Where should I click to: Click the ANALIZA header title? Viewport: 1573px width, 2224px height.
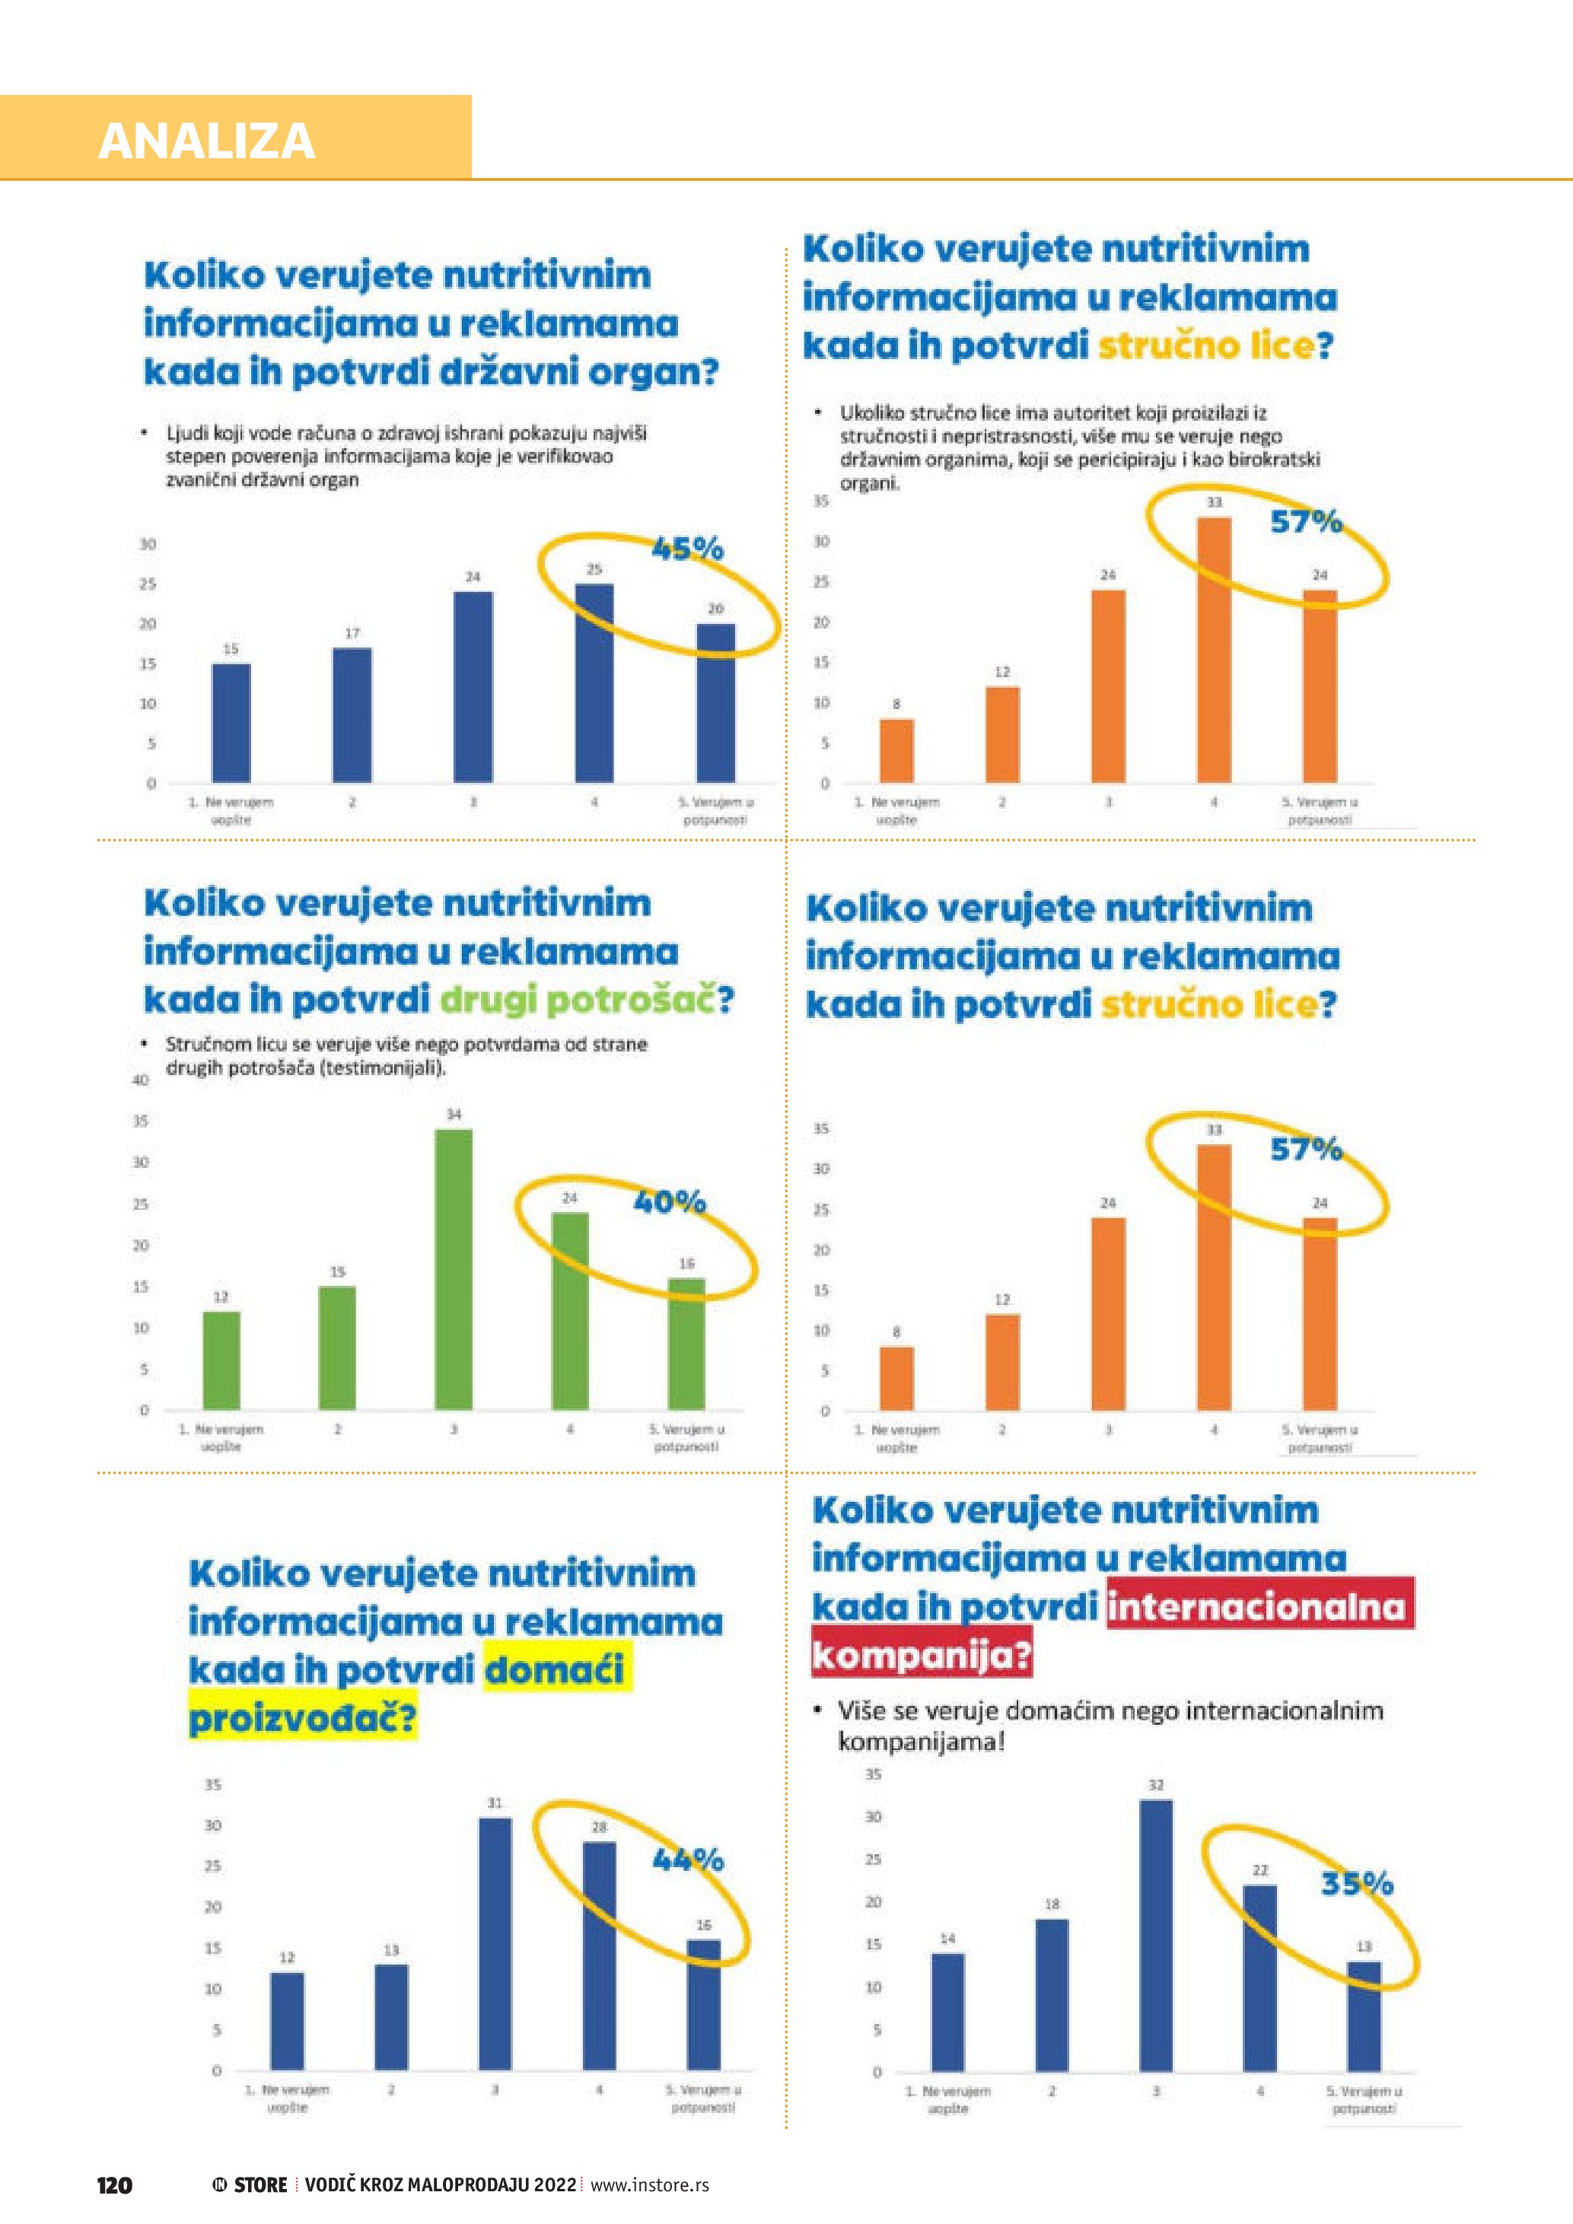[x=206, y=142]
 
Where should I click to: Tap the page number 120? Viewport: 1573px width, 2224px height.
[x=114, y=2184]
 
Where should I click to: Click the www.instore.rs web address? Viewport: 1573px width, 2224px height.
[x=649, y=2184]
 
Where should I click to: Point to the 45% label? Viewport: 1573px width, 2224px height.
[x=688, y=549]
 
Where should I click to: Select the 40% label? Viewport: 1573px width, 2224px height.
[x=669, y=1202]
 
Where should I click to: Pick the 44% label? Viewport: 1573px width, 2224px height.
[x=688, y=1859]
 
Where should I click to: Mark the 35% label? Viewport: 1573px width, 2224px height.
[x=1356, y=1883]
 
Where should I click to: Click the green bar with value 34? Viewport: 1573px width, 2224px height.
[x=454, y=1269]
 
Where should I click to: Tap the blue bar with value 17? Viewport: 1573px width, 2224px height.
[x=352, y=715]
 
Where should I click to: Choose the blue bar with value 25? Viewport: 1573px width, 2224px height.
[x=594, y=683]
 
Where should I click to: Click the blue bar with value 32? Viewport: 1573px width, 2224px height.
[x=1155, y=1936]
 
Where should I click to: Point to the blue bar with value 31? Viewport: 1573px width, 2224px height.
[x=495, y=1944]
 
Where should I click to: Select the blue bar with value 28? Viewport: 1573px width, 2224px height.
[x=599, y=1955]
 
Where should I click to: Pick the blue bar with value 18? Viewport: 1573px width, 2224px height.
[x=1052, y=1994]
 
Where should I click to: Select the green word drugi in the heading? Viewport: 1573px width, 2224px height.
[x=487, y=999]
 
